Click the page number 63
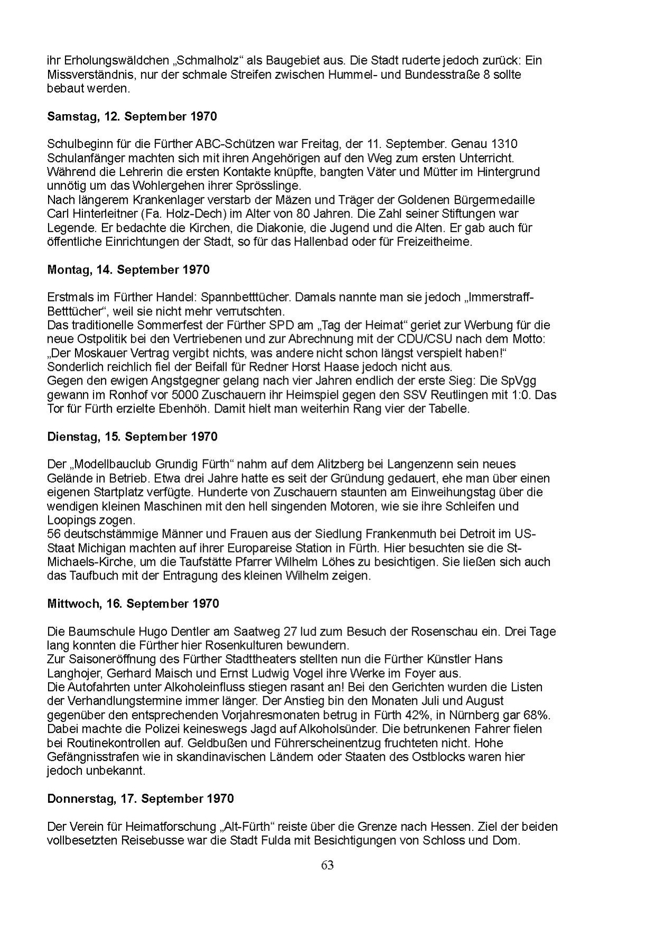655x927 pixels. tap(327, 865)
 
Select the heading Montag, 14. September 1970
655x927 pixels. tap(128, 270)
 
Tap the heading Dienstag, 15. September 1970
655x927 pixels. tap(132, 437)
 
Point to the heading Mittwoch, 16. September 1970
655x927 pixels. tap(133, 604)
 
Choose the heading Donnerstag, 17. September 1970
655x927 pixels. tap(140, 798)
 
